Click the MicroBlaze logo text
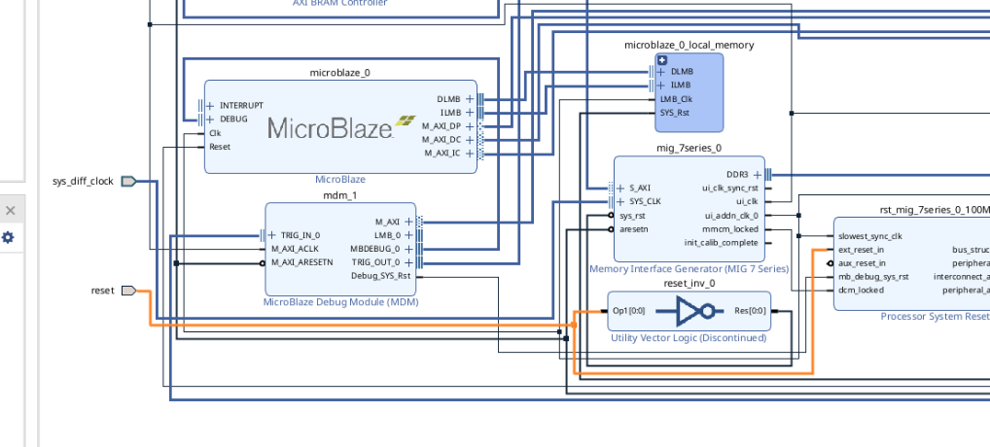(329, 127)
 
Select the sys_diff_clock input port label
(83, 181)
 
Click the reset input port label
(102, 291)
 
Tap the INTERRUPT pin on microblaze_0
(240, 105)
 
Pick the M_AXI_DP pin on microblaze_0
(442, 125)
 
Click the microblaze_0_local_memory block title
(689, 45)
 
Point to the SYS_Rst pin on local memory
(675, 112)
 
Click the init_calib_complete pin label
(721, 242)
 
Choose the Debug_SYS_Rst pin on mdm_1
(380, 276)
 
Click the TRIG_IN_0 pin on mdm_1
(301, 235)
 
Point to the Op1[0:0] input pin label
(628, 311)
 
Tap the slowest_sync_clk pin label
(869, 235)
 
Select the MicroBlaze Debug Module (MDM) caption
(339, 302)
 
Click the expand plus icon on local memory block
(662, 60)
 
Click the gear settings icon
(9, 237)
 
